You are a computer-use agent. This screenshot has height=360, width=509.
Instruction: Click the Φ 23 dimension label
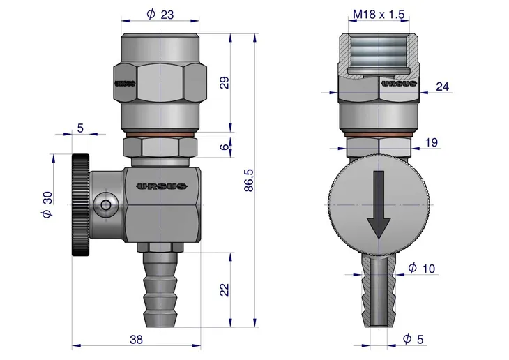(160, 14)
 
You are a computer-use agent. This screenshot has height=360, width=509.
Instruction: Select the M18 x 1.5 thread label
(379, 14)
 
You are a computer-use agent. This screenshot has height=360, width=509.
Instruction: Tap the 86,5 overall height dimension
(249, 180)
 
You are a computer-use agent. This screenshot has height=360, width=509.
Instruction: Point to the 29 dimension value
(225, 82)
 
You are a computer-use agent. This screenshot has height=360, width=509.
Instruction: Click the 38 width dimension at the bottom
(136, 340)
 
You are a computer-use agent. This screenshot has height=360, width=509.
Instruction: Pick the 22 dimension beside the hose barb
(225, 290)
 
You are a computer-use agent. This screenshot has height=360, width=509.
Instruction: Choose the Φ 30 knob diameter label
(47, 204)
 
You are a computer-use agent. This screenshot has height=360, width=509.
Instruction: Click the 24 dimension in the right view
(443, 87)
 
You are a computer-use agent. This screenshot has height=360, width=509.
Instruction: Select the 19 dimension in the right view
(432, 142)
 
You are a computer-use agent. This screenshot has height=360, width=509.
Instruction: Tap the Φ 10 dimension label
(422, 269)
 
